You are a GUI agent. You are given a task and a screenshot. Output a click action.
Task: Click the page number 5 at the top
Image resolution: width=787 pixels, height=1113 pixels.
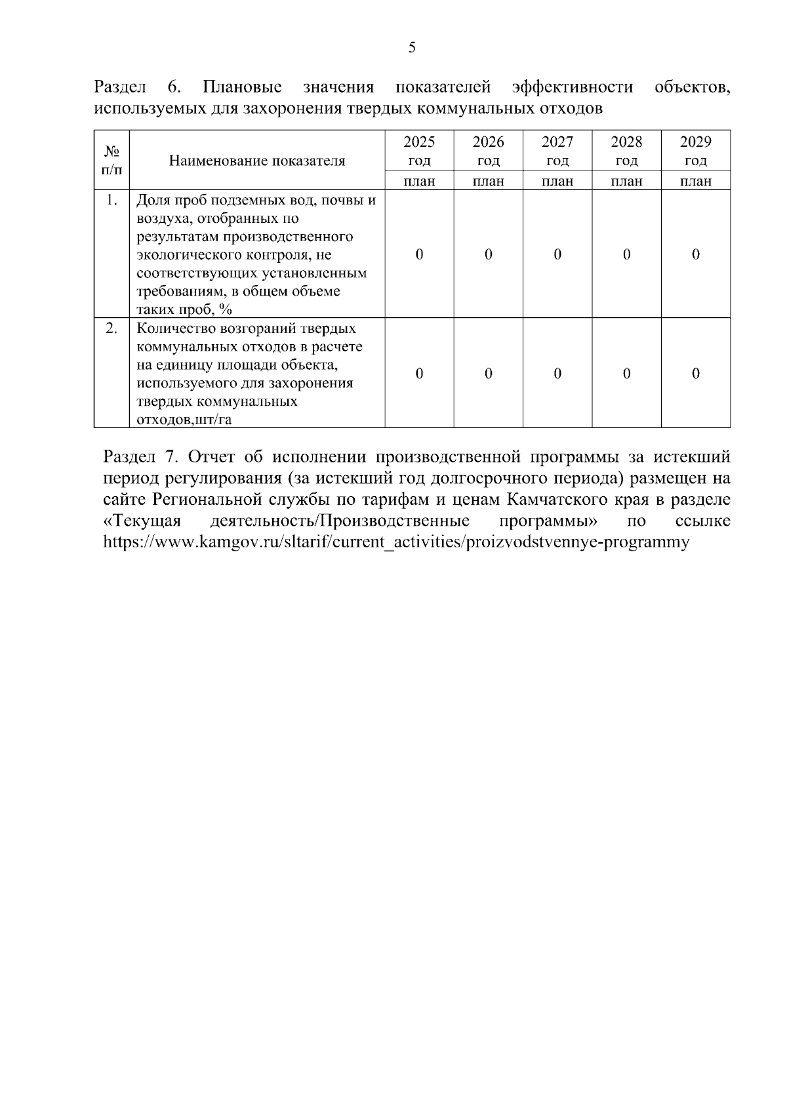point(412,47)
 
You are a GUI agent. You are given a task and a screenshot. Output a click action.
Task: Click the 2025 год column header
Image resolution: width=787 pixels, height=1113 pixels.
point(419,151)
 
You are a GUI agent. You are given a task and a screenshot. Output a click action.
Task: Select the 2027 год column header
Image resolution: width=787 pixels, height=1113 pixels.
point(557,151)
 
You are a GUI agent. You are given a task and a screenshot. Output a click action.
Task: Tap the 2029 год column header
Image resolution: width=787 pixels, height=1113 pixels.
point(696,151)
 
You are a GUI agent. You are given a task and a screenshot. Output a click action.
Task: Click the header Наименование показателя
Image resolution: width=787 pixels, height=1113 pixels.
point(257,161)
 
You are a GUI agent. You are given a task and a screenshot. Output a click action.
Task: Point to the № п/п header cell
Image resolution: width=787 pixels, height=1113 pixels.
point(111,161)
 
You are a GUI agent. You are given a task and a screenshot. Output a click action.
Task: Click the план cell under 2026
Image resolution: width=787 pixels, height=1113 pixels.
point(489,182)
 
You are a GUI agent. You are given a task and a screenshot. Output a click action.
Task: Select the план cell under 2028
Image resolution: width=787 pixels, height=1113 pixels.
point(626,182)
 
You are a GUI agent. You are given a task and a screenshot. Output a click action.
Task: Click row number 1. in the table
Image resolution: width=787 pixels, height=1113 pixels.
point(112,200)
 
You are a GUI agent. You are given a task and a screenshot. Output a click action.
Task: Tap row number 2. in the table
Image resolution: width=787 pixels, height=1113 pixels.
point(112,328)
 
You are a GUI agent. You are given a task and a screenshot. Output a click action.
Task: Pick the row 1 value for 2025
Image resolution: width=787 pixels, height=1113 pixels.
point(419,254)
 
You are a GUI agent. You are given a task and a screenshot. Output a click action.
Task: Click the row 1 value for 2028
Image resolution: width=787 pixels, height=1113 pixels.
point(626,254)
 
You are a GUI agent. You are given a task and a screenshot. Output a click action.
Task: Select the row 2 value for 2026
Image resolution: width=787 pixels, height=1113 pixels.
point(489,374)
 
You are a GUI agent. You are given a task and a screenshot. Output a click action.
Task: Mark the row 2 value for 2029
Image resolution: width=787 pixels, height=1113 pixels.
point(696,374)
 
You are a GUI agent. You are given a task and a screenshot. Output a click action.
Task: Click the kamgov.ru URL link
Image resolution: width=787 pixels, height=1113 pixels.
point(397,542)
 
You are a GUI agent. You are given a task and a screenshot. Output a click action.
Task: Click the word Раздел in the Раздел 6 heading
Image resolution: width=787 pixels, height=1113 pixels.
point(120,87)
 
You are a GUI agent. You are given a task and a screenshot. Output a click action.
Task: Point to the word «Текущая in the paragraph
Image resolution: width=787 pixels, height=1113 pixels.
point(142,521)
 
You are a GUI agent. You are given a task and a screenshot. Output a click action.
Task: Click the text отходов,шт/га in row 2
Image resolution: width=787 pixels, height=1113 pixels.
point(184,420)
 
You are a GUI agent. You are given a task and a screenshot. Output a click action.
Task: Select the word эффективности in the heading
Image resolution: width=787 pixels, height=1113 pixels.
point(573,87)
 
